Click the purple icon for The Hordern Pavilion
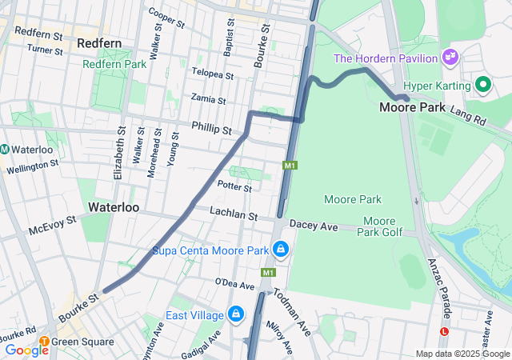point(450,58)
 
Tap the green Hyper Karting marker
point(482,83)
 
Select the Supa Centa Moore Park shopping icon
point(281,251)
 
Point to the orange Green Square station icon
point(44,342)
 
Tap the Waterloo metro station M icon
point(5,149)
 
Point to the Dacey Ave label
point(314,227)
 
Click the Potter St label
point(234,186)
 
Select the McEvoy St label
point(52,224)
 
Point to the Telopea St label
point(212,74)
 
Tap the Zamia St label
point(208,99)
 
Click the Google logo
point(26,350)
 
